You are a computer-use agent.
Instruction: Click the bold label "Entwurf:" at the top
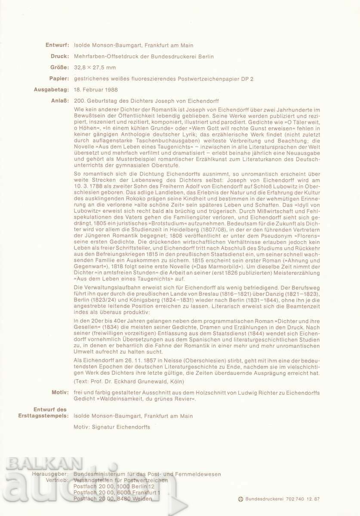56,45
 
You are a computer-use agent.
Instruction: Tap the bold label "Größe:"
58,68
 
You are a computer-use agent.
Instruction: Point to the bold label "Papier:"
58,79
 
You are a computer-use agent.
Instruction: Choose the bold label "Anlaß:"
59,101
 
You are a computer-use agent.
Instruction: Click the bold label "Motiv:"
60,392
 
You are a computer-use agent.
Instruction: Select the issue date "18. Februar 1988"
96,90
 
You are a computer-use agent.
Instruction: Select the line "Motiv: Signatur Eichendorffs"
113,427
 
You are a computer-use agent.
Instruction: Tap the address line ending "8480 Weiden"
113,498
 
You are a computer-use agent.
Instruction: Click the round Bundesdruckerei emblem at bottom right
240,499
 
